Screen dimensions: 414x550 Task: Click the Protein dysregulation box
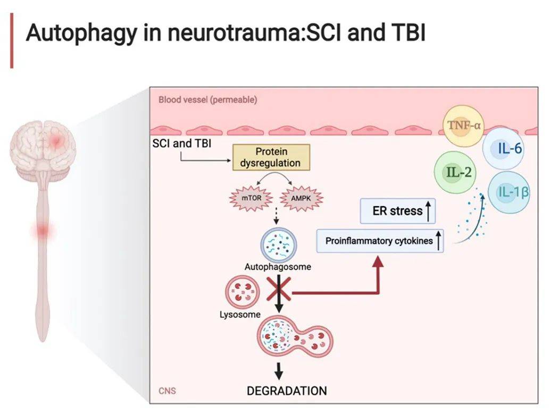tap(271, 157)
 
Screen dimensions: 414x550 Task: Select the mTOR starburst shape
tap(250, 198)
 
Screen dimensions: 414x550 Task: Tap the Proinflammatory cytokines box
tap(380, 241)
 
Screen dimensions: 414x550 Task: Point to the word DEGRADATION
tap(287, 391)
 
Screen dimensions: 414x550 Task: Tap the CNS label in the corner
tap(167, 392)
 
